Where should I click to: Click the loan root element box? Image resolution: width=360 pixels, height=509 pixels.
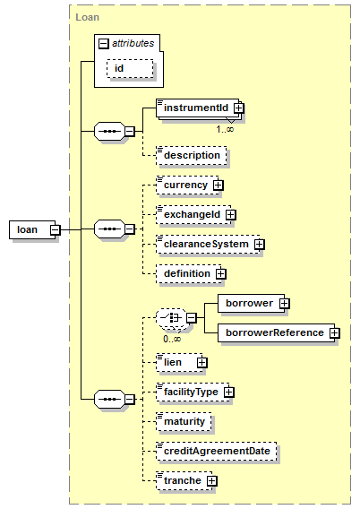click(x=32, y=229)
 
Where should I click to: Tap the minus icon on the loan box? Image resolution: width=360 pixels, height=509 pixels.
click(x=56, y=229)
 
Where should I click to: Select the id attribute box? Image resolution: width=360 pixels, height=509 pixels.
click(x=130, y=68)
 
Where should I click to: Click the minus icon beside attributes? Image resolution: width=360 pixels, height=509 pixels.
click(x=104, y=44)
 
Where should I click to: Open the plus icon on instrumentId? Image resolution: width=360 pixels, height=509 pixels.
click(x=239, y=108)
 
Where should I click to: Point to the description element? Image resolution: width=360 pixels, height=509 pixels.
click(x=192, y=155)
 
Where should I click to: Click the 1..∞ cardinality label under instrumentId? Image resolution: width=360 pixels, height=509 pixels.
click(x=225, y=129)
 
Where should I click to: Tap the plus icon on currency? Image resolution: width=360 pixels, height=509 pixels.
click(x=219, y=185)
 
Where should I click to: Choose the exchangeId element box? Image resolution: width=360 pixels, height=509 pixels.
click(x=193, y=214)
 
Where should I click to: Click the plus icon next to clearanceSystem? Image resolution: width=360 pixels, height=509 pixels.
click(x=260, y=244)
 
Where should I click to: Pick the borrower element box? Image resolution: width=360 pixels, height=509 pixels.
click(x=251, y=303)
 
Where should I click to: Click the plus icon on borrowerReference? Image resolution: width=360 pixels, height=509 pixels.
click(x=334, y=332)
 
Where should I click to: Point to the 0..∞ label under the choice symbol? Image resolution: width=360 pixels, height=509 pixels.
click(x=172, y=340)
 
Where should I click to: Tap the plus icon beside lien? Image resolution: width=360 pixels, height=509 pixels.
click(x=202, y=362)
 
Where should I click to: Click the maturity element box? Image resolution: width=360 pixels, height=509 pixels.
click(x=184, y=421)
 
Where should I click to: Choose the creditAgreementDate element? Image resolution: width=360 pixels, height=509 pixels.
click(x=217, y=451)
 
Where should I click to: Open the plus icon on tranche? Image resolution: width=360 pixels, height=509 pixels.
click(x=211, y=480)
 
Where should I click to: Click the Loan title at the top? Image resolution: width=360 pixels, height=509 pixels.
click(x=87, y=17)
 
